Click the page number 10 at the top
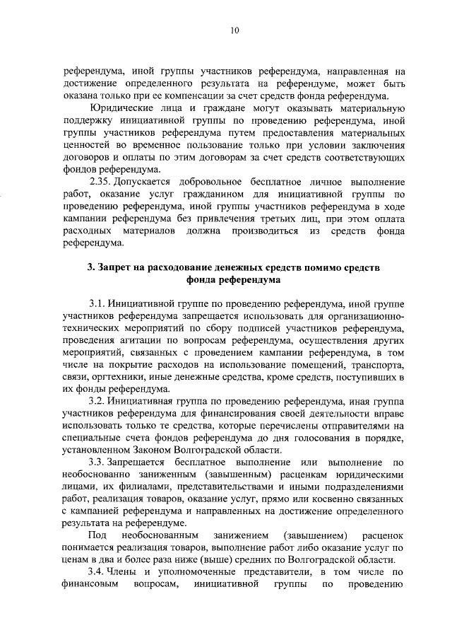[x=234, y=30]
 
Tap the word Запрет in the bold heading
[x=117, y=268]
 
